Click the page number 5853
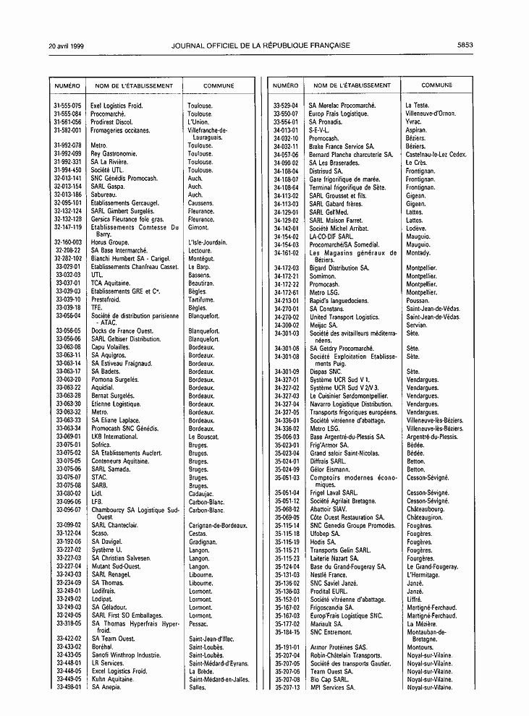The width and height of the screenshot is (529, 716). coord(465,45)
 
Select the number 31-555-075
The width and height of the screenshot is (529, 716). coord(67,106)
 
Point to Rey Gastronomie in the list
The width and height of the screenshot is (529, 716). coord(114,154)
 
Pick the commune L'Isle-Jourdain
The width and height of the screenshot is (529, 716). coord(207,242)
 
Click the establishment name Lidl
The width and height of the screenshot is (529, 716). coord(97,493)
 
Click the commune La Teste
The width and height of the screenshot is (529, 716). coord(418,106)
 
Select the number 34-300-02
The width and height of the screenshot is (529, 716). coord(287,325)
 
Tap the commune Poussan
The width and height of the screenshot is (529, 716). coord(419,300)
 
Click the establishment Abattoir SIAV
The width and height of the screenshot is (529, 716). coord(331,508)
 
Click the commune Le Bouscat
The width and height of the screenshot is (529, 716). coord(203,437)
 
